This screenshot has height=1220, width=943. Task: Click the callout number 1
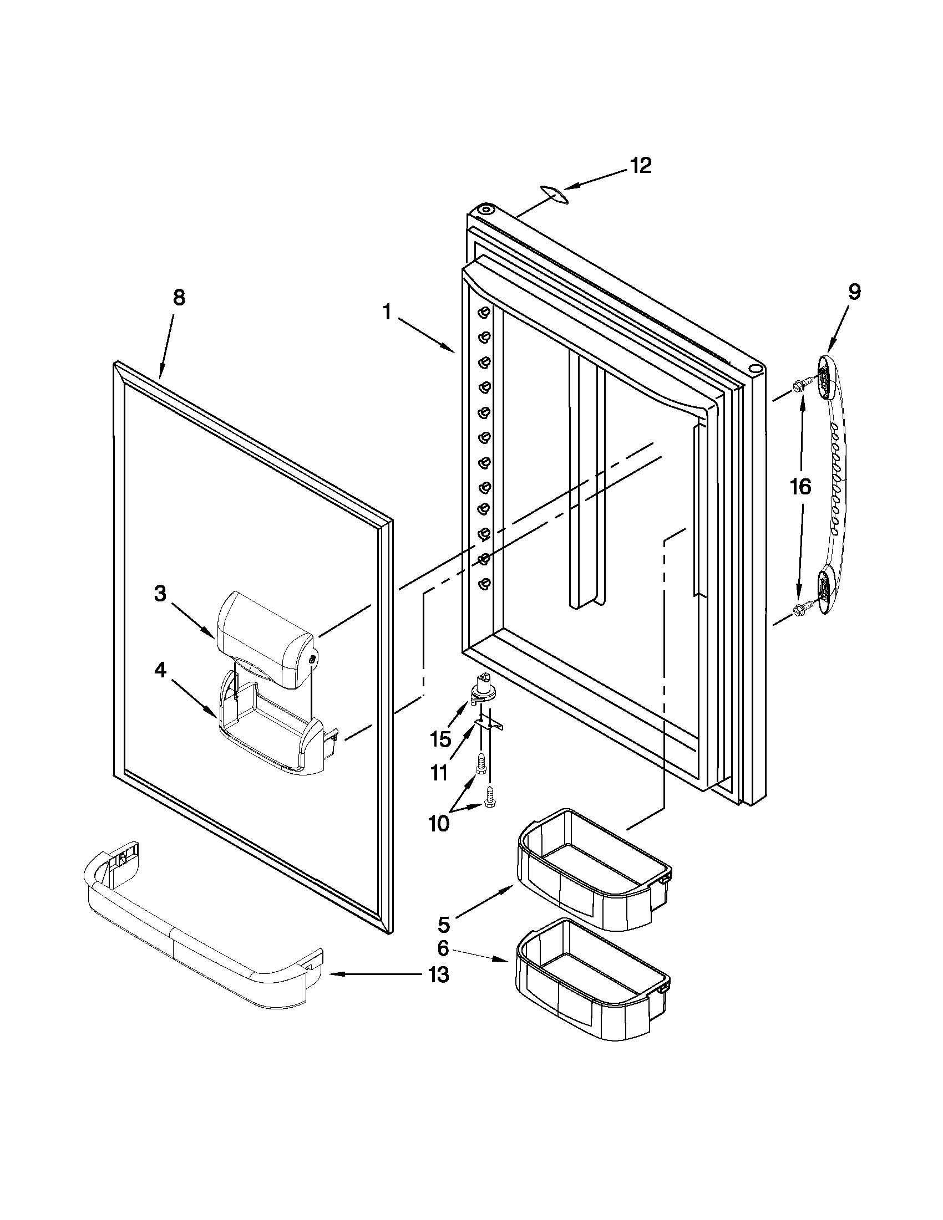coord(387,312)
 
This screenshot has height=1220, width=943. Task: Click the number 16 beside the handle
coord(800,487)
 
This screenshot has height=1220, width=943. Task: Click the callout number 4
coord(160,670)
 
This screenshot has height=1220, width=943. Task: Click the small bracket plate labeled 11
coord(489,723)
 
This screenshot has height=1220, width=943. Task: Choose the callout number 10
coord(439,823)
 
